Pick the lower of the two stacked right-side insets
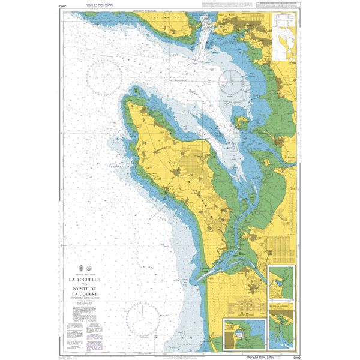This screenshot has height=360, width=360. (281, 326)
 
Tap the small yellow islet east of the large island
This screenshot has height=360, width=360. (243, 123)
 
